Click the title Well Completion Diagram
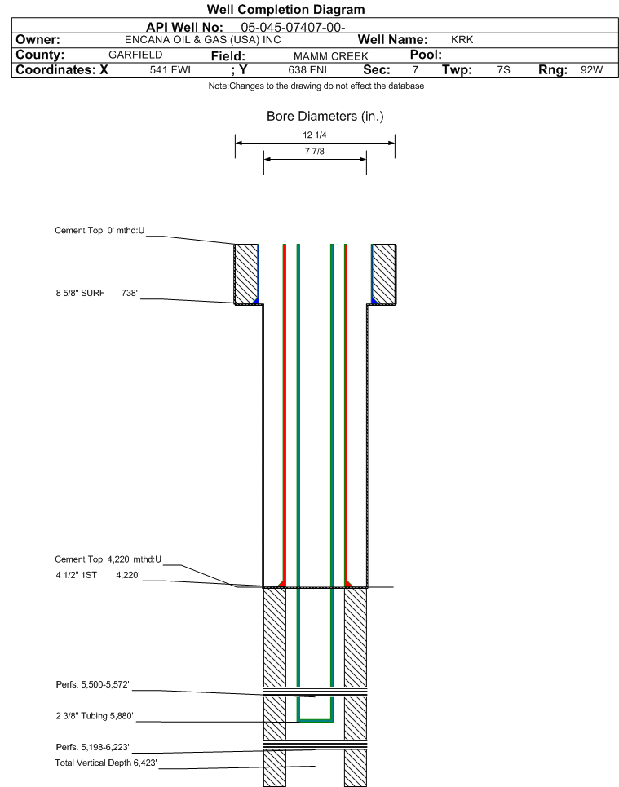click(x=285, y=10)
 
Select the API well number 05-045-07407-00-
click(x=293, y=27)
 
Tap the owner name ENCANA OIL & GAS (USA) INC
click(x=203, y=40)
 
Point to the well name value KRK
click(x=462, y=40)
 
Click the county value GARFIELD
click(x=135, y=55)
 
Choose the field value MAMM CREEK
click(x=331, y=56)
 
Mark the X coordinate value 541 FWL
click(x=172, y=70)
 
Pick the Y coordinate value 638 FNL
click(x=309, y=70)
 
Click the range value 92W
click(x=591, y=70)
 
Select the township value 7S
click(x=503, y=70)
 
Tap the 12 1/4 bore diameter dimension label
click(x=315, y=135)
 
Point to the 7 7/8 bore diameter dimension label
click(x=315, y=151)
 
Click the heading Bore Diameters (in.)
click(x=325, y=117)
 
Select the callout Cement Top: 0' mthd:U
click(x=99, y=230)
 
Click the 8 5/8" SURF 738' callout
click(x=97, y=293)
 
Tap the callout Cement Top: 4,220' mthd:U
click(x=108, y=559)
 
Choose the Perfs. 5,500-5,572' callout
click(x=92, y=684)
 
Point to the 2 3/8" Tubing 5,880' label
click(x=95, y=716)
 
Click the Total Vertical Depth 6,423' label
click(x=106, y=763)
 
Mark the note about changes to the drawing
click(x=316, y=86)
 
